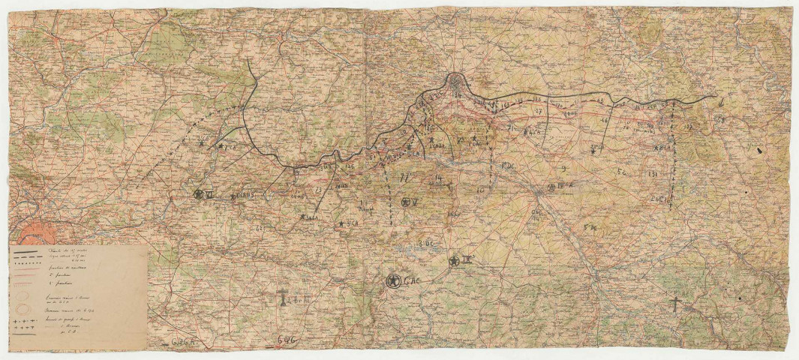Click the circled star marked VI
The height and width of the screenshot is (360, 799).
(x=199, y=194)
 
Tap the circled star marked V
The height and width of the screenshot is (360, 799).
(x=406, y=202)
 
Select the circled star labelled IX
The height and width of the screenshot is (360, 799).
(x=454, y=261)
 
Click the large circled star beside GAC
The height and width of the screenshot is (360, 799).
(x=392, y=281)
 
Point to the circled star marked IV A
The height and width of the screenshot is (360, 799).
(x=552, y=187)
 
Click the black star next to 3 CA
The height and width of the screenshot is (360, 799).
(x=342, y=223)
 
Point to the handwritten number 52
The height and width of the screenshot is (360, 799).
(x=620, y=172)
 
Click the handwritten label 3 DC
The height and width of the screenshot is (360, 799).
(x=428, y=242)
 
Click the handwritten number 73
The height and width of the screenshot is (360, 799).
(x=318, y=190)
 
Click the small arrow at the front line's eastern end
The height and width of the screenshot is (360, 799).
(x=719, y=102)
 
